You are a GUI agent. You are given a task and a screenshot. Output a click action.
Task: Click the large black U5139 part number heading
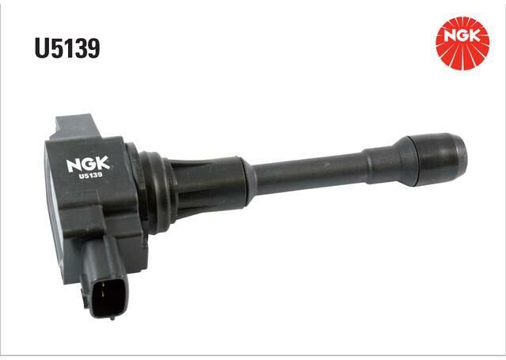[67, 48]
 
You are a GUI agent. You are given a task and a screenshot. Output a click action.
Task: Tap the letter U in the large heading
[42, 48]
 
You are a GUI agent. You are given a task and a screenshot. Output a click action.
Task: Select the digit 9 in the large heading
[93, 48]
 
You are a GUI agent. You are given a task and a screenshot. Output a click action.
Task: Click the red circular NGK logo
[462, 44]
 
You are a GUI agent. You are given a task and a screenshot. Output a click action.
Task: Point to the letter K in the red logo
[474, 36]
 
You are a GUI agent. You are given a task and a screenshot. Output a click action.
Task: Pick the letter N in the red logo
[451, 36]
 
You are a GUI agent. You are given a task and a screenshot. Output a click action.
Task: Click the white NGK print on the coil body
[88, 165]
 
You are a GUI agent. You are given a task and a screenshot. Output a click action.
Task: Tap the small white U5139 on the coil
[91, 176]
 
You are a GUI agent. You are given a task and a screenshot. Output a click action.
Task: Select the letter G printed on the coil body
[88, 165]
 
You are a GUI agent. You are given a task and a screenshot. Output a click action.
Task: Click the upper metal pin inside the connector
[103, 285]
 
